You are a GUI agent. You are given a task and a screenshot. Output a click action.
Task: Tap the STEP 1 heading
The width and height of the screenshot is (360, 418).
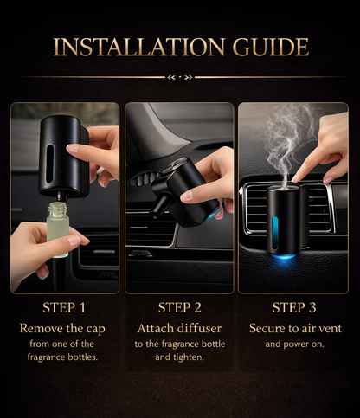coord(64,306)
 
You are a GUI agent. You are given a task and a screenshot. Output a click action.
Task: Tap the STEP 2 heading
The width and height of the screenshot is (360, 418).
coord(180,306)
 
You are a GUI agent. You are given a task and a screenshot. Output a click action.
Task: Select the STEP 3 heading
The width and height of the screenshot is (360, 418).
coord(295,306)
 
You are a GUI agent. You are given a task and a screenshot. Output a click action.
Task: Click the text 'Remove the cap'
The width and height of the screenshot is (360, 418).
coord(64,328)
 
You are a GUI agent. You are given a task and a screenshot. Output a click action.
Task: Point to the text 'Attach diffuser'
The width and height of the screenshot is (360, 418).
coord(180,328)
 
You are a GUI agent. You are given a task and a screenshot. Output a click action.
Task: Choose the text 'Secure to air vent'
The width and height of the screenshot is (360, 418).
coord(295,328)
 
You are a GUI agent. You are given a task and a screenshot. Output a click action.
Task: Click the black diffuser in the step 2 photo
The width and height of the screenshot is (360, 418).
coord(173,186)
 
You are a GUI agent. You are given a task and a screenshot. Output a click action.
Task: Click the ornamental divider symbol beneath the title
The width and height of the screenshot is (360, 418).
coord(180,77)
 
